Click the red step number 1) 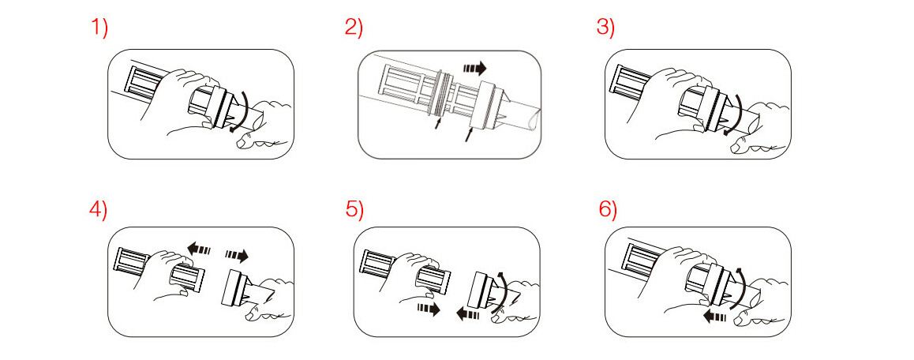[x=99, y=28]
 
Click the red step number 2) [x=354, y=28]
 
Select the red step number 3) [x=605, y=28]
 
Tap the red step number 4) [x=99, y=210]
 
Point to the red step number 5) [x=354, y=210]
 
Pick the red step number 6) [x=608, y=210]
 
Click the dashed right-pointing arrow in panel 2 [x=474, y=68]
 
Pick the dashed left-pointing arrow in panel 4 [x=199, y=249]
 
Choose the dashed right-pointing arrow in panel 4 [x=237, y=255]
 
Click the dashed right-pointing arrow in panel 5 [x=429, y=309]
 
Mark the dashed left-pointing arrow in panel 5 [x=467, y=315]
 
